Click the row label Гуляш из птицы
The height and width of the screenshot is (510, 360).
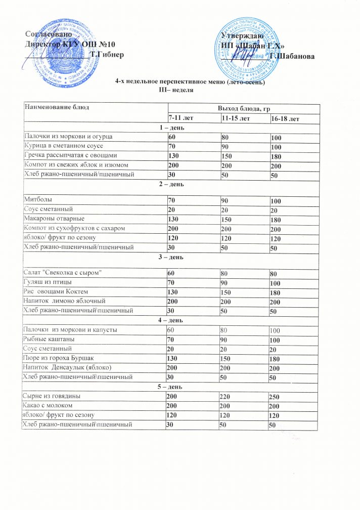(x=46, y=283)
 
